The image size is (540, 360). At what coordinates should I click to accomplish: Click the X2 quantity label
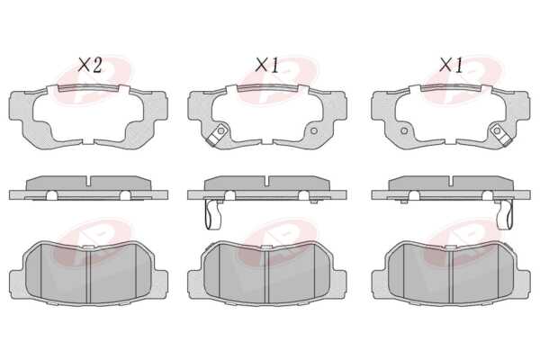[89, 65]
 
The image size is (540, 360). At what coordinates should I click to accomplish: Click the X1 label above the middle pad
[267, 65]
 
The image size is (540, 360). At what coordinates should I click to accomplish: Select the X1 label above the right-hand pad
[451, 65]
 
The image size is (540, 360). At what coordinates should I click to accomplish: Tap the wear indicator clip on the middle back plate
[217, 135]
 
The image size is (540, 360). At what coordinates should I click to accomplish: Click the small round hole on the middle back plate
[313, 130]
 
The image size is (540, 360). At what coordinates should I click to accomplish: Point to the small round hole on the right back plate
[404, 130]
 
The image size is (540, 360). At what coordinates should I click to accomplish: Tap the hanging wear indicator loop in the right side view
[506, 214]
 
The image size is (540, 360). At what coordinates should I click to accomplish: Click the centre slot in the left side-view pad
[88, 181]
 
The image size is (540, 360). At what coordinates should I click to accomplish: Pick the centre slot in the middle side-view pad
[267, 181]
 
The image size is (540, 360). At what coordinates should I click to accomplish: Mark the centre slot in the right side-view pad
[451, 181]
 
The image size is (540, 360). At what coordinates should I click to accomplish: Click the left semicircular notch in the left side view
[51, 195]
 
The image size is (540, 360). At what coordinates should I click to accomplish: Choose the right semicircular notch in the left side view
[125, 195]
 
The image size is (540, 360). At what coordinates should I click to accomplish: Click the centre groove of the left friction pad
[88, 275]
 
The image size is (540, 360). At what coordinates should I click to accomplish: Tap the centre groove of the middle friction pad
[267, 275]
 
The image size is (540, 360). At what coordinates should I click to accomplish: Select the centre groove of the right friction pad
[451, 275]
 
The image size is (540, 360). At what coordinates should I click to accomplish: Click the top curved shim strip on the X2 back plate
[88, 87]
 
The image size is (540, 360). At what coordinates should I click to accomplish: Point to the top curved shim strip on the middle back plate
[267, 87]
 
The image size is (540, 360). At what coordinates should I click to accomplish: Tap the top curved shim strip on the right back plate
[451, 87]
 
